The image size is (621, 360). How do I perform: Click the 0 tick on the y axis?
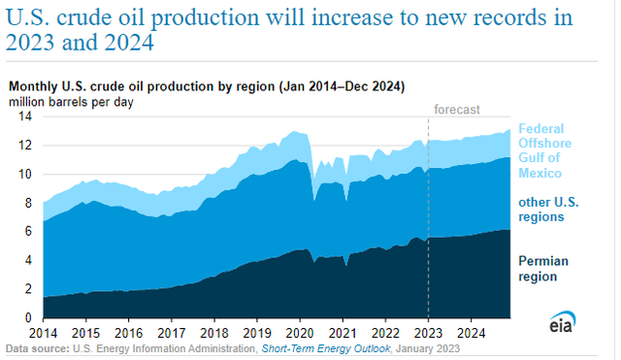pyautogui.click(x=28, y=317)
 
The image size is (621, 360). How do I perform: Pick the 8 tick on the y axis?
pyautogui.click(x=28, y=203)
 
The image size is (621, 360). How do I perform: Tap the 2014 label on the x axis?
pyautogui.click(x=43, y=332)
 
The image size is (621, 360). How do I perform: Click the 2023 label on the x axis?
pyautogui.click(x=428, y=332)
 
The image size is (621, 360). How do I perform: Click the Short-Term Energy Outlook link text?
pyautogui.click(x=326, y=347)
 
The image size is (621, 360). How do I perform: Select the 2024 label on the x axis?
pyautogui.click(x=473, y=332)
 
